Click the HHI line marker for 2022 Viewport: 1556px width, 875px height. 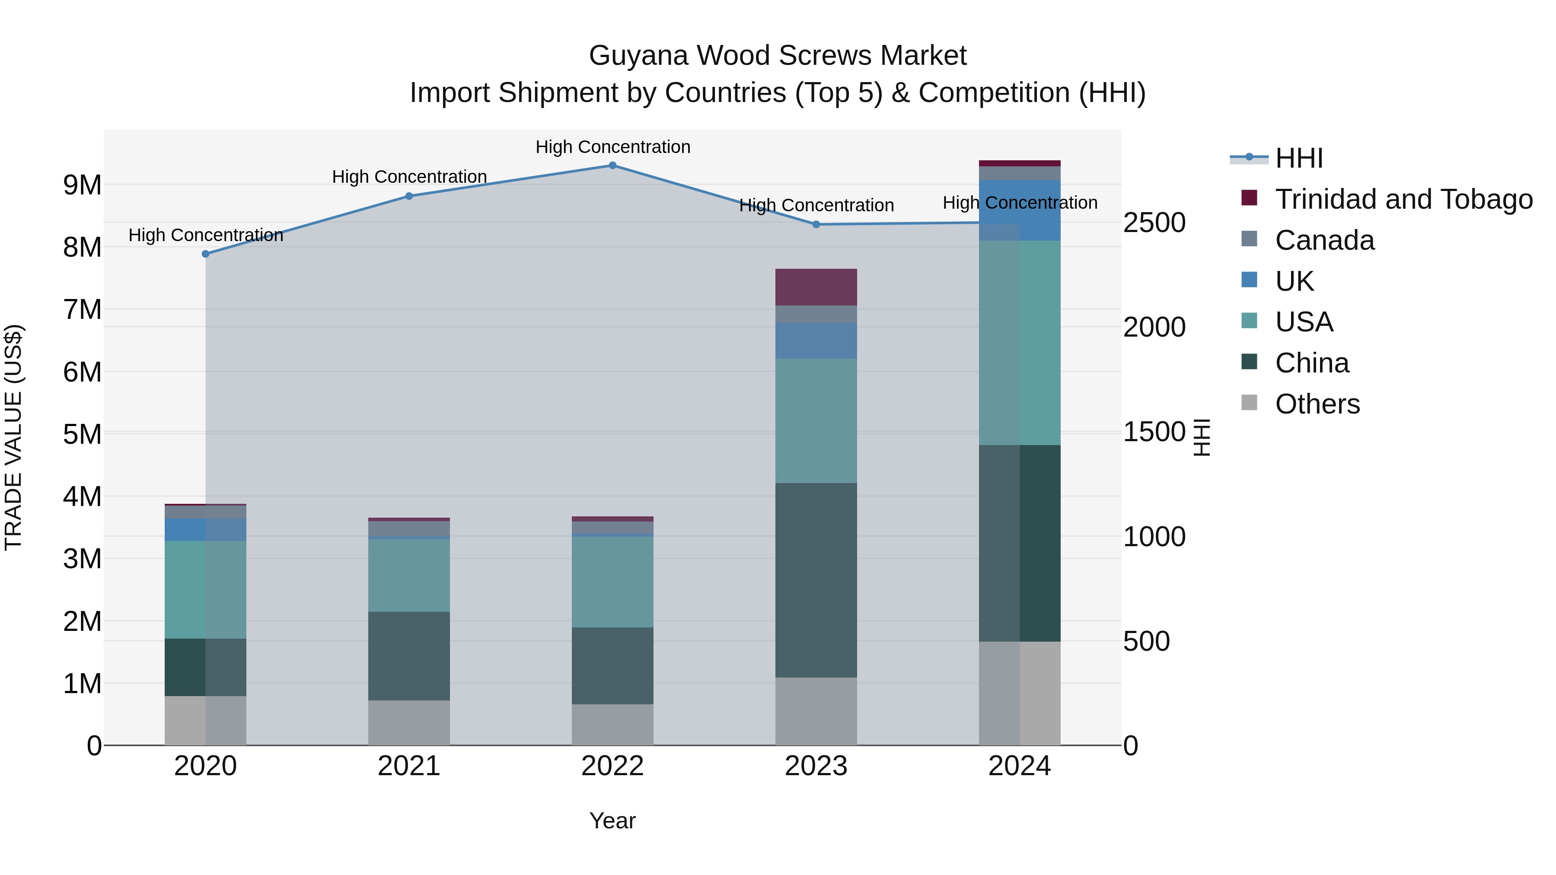click(x=612, y=165)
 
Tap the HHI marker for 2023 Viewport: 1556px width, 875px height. click(x=816, y=225)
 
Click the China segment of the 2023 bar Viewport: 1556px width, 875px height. click(x=816, y=580)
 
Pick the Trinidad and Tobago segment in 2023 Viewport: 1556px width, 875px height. click(x=816, y=287)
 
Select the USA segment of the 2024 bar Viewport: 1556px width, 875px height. click(x=1020, y=343)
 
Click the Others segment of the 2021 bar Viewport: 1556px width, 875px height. click(x=409, y=723)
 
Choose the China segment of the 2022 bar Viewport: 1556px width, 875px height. click(x=612, y=665)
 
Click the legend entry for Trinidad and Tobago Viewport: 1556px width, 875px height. click(x=1403, y=199)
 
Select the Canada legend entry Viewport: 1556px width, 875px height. click(x=1324, y=240)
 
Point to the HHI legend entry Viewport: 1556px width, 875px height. click(x=1299, y=158)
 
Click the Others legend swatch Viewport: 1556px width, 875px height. click(x=1249, y=403)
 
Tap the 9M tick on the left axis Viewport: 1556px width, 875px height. click(x=82, y=185)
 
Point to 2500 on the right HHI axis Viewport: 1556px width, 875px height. click(x=1154, y=223)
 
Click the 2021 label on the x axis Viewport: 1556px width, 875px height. click(x=409, y=766)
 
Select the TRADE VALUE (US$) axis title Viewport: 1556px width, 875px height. click(x=14, y=437)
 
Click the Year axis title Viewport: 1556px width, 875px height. click(x=612, y=821)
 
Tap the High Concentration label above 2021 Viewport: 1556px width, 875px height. click(x=409, y=177)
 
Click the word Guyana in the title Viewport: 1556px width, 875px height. click(x=638, y=56)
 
